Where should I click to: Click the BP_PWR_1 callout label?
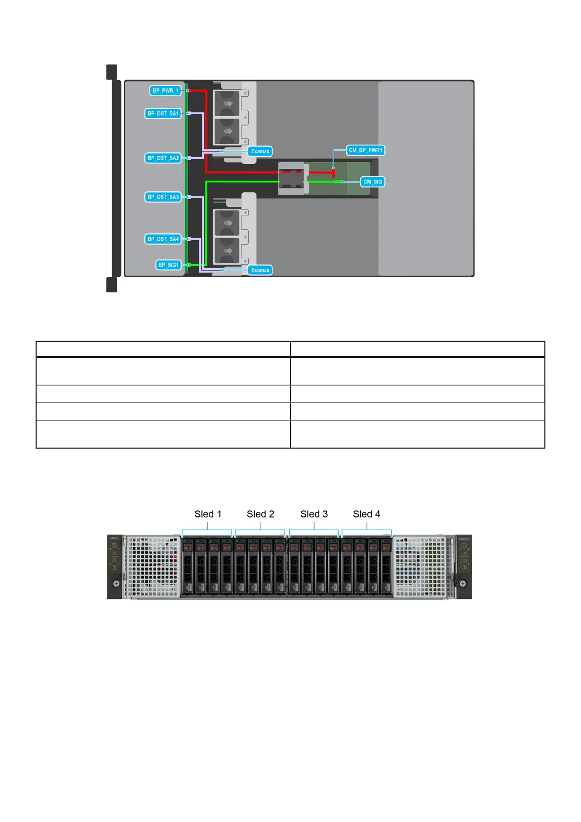(x=165, y=91)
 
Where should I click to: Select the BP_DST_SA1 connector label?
(x=163, y=114)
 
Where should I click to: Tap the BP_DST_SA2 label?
(x=163, y=158)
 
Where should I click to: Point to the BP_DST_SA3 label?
(x=163, y=197)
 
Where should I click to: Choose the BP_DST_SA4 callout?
(x=163, y=239)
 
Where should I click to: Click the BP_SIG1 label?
(x=168, y=265)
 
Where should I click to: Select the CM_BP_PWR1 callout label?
(x=365, y=150)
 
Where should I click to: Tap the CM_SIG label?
(x=373, y=182)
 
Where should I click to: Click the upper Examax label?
(x=260, y=151)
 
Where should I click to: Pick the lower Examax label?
(x=260, y=270)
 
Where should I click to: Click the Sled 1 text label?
(x=208, y=514)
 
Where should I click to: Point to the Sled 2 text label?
(x=260, y=514)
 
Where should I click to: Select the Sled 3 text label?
(x=314, y=514)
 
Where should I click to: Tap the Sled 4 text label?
(x=366, y=514)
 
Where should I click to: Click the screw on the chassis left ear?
(x=116, y=584)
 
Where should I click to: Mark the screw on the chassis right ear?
(x=463, y=584)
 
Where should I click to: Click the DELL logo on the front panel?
(x=115, y=538)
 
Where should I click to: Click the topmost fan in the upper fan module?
(x=227, y=103)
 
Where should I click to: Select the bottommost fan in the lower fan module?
(x=227, y=250)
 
